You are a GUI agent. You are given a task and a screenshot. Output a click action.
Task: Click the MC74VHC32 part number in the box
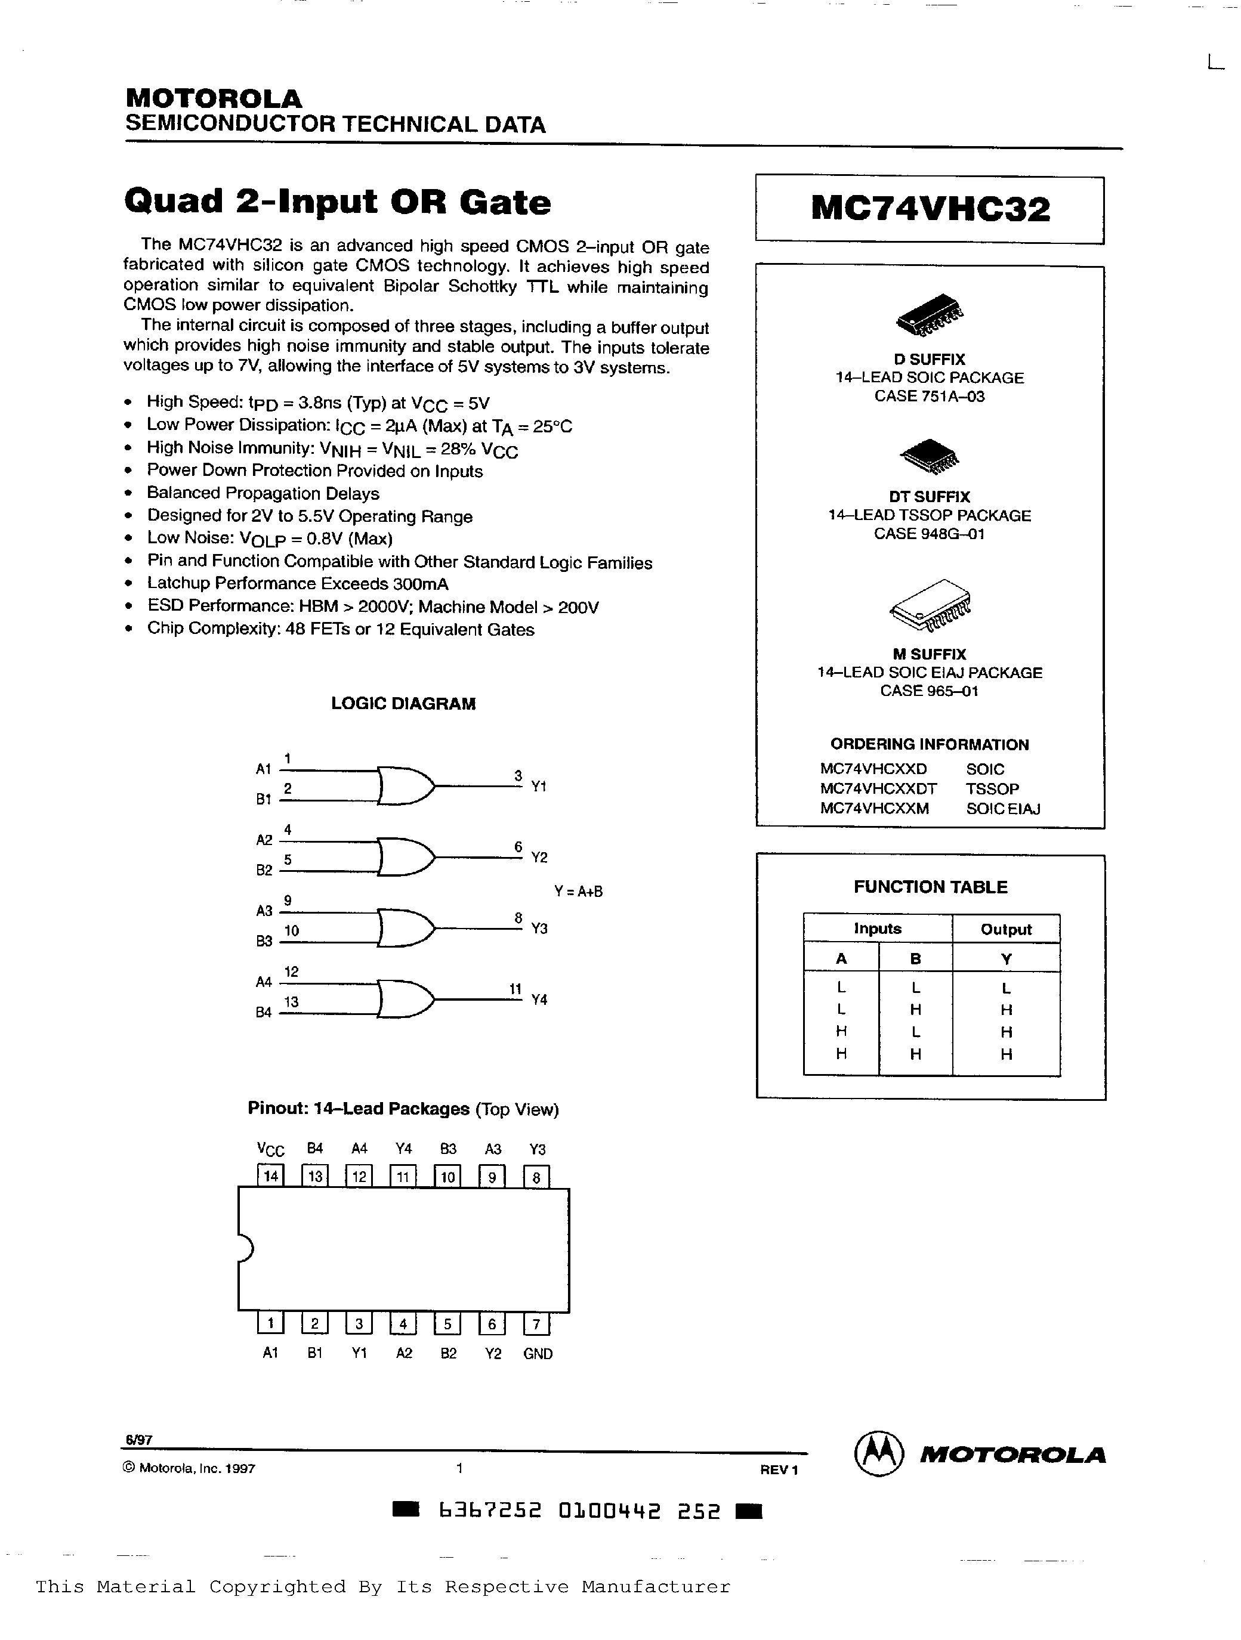(930, 210)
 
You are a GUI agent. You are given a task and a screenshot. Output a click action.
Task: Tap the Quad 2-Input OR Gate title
(338, 202)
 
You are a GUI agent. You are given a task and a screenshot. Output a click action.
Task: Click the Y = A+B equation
(578, 891)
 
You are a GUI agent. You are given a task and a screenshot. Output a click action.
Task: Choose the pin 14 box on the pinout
(271, 1176)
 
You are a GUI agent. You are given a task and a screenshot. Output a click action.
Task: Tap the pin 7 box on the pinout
(536, 1324)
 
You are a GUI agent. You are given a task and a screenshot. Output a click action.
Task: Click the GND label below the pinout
(538, 1354)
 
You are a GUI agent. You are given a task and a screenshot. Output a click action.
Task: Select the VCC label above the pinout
(271, 1149)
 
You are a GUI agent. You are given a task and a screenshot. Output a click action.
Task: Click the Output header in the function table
(1006, 929)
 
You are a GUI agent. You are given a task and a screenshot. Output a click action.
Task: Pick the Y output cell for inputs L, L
(1006, 988)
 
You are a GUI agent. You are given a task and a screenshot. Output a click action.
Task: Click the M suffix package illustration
(930, 605)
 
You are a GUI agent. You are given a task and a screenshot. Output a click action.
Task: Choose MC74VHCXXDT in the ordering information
(878, 789)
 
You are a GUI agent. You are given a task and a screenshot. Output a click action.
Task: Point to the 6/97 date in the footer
(138, 1440)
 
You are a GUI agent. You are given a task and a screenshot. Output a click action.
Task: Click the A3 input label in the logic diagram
(264, 911)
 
